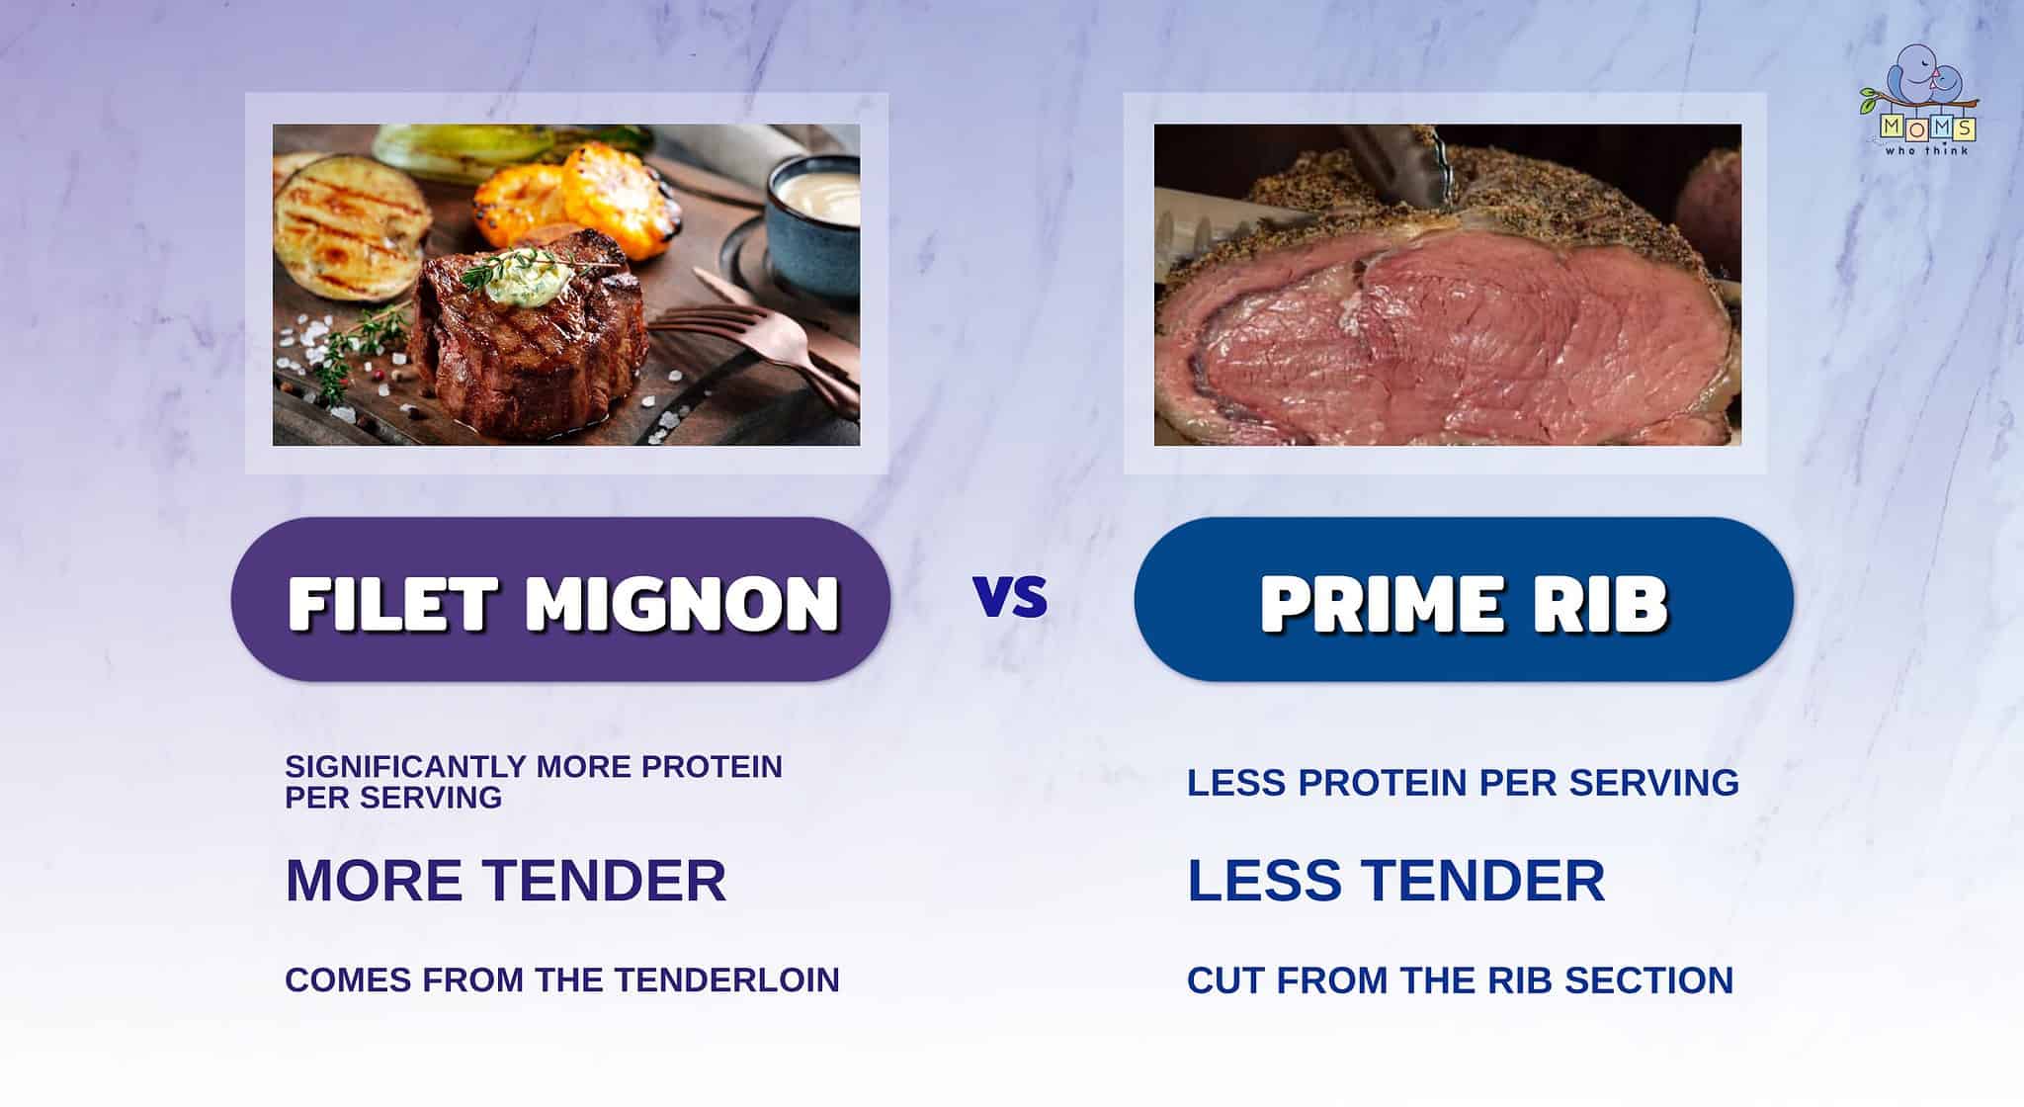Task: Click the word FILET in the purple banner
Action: pos(391,602)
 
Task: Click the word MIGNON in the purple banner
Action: pos(683,602)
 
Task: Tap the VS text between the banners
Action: pos(1010,597)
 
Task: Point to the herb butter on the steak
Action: pos(525,266)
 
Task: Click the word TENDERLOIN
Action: pos(727,979)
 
